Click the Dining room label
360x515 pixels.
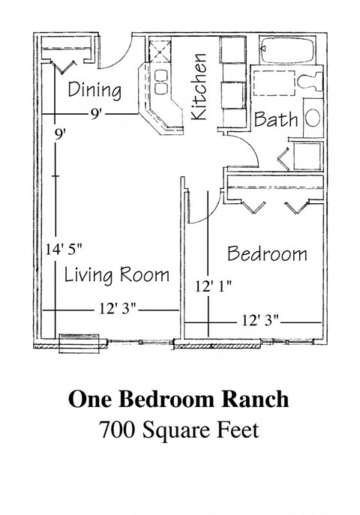94,91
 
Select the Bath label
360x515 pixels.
276,119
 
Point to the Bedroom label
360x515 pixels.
267,253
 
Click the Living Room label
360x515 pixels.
116,274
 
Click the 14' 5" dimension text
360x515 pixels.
64,248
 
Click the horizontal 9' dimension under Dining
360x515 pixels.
96,115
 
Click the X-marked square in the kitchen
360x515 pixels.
160,52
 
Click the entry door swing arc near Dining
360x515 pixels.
118,54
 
